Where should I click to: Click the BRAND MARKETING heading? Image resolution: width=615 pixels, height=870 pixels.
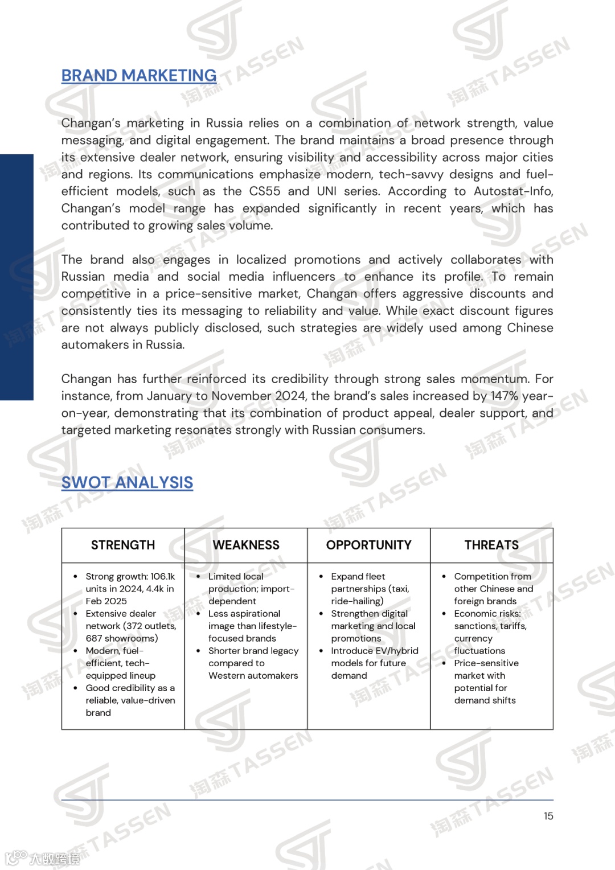point(138,76)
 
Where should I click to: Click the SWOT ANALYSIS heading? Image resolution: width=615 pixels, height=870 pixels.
point(127,483)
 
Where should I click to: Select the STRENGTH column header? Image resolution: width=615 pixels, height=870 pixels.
point(123,545)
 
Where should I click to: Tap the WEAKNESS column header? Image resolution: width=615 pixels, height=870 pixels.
point(246,545)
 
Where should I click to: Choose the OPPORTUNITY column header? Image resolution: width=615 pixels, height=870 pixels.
point(368,545)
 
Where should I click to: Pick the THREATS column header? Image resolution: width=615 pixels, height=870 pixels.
point(491,545)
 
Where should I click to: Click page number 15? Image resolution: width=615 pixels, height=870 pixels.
point(548,816)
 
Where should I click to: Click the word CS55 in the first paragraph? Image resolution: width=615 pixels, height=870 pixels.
point(265,191)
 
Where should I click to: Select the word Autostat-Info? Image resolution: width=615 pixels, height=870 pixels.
point(513,191)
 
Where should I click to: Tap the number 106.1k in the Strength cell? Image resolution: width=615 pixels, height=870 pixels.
point(162,577)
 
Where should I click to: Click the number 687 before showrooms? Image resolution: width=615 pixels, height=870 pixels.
point(94,639)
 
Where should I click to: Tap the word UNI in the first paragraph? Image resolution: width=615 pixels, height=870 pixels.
point(326,191)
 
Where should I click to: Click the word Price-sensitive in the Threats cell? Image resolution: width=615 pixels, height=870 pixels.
point(486,663)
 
